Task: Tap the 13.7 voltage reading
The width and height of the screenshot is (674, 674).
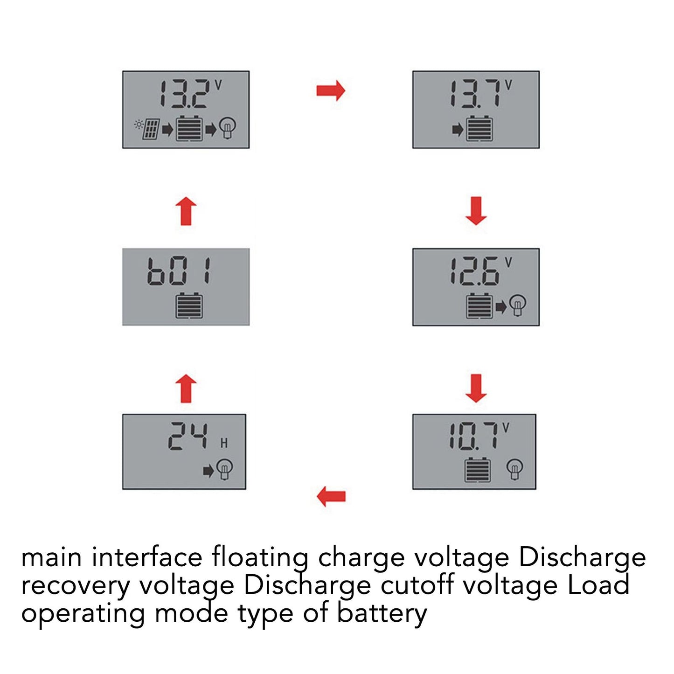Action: (476, 94)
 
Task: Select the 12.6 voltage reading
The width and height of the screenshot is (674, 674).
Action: (475, 271)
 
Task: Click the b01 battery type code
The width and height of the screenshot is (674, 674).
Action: (179, 271)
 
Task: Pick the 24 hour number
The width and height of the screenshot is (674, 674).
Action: (188, 436)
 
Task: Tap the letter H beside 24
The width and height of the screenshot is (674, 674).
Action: (224, 443)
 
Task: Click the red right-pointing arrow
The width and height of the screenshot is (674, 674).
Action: (331, 90)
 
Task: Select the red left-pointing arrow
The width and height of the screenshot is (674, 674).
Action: (331, 496)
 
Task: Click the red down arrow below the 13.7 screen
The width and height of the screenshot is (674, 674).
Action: (476, 210)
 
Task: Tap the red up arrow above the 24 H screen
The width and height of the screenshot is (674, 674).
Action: (186, 388)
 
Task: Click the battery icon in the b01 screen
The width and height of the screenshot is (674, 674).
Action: (189, 306)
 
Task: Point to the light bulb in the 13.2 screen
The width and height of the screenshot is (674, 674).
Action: (227, 128)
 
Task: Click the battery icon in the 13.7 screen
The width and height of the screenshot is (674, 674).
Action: (479, 128)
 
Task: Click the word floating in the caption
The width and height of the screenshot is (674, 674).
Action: (260, 557)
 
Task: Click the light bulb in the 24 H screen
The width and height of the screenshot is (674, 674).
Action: (224, 469)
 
